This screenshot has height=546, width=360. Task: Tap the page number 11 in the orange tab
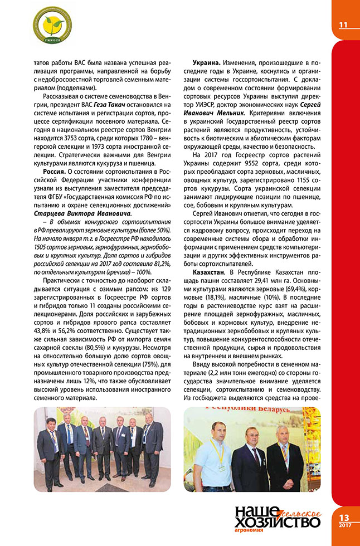click(x=343, y=25)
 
